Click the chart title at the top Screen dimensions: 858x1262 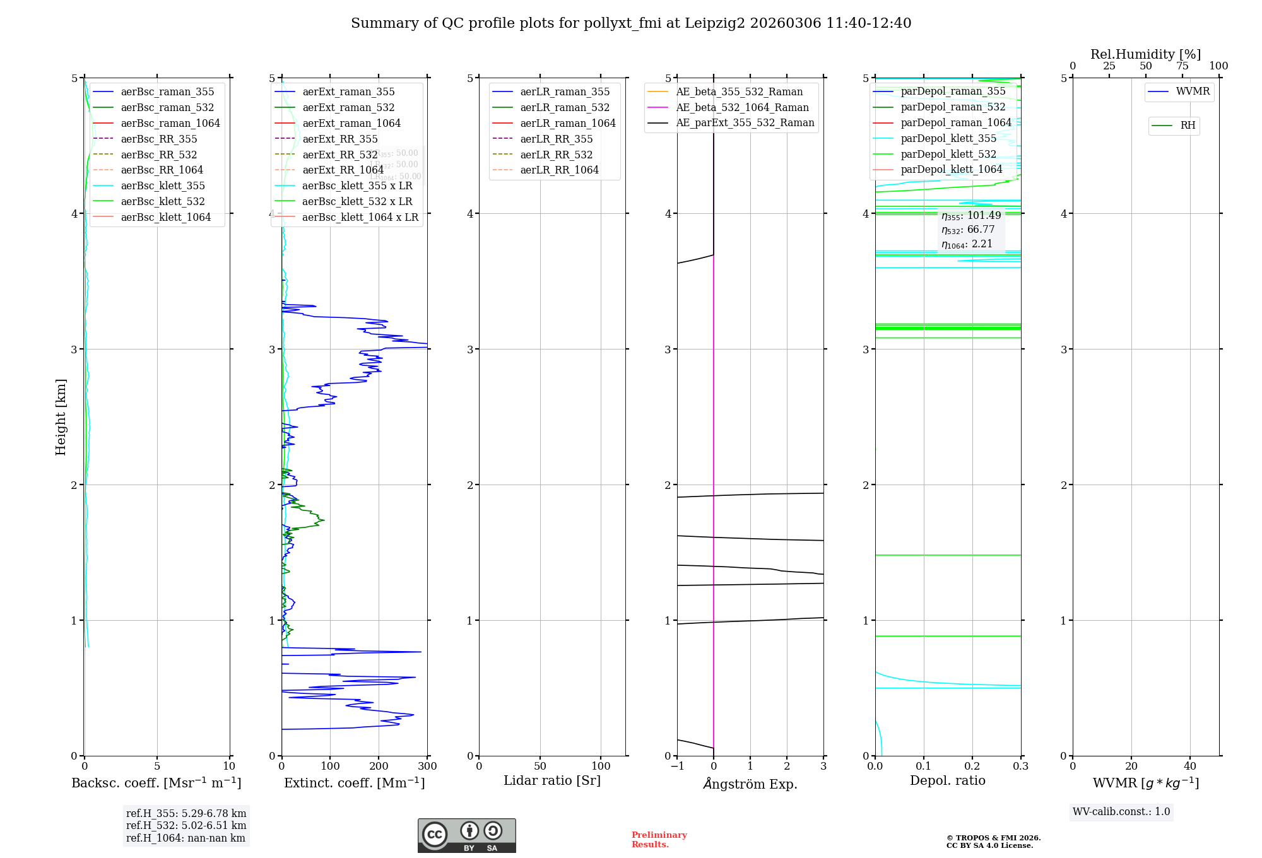tap(631, 23)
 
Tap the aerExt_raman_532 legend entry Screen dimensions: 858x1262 tap(348, 107)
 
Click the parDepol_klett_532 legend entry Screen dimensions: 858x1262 tap(948, 154)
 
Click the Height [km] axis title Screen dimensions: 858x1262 tap(61, 417)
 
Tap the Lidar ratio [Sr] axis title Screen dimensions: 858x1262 tap(552, 780)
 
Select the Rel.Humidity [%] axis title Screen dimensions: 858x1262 tap(1145, 54)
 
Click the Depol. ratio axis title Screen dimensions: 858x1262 tap(947, 780)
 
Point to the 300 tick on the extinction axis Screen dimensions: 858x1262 tap(427, 767)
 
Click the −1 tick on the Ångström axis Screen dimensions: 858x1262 tap(677, 767)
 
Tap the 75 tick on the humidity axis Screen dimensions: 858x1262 tap(1182, 66)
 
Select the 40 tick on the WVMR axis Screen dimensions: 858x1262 tap(1190, 767)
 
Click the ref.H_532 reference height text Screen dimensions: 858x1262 tap(186, 825)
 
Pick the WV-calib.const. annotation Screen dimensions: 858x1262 tap(1121, 812)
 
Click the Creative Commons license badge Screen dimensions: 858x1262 tap(466, 836)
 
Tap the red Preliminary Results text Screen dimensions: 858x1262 tap(659, 840)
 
